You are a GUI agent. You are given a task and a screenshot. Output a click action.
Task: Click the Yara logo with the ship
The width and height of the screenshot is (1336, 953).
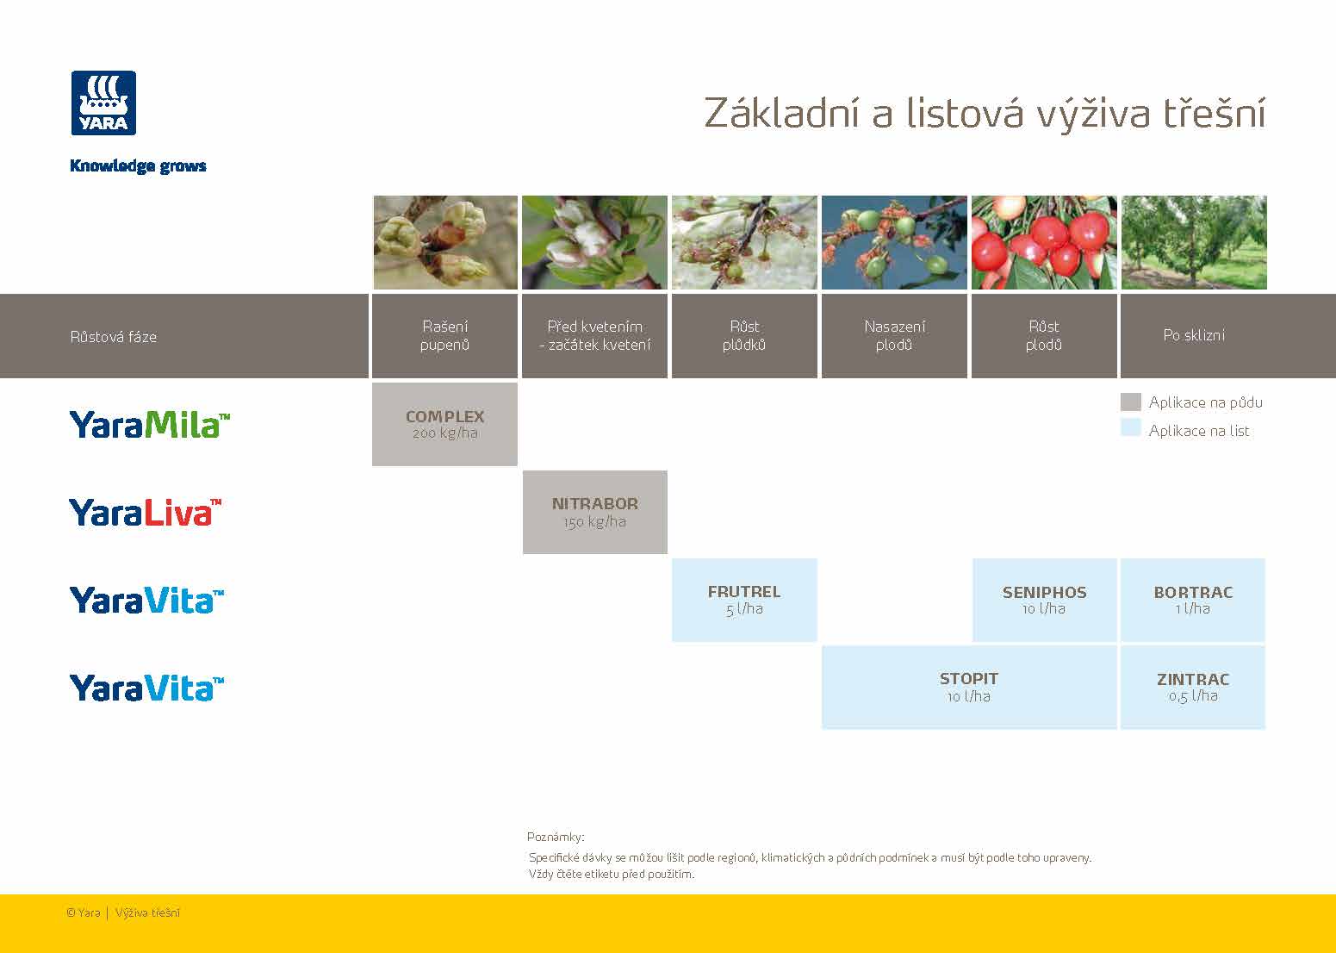coord(103,103)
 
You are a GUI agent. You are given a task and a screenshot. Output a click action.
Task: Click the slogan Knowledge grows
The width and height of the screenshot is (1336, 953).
coord(138,166)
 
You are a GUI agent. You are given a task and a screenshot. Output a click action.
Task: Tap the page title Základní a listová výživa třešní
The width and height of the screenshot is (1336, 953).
coord(985,113)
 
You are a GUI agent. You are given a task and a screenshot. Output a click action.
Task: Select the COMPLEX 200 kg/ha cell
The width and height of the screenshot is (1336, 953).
coord(444,424)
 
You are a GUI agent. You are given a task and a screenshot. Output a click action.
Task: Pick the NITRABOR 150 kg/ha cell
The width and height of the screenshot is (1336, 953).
coord(594,512)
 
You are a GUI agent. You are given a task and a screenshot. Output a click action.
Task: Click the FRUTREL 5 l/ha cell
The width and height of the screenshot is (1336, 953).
coord(744,600)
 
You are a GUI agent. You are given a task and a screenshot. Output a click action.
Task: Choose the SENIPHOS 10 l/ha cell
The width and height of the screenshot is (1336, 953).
coord(1044,600)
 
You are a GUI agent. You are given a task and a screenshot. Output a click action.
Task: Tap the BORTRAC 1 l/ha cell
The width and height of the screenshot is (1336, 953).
coord(1193,600)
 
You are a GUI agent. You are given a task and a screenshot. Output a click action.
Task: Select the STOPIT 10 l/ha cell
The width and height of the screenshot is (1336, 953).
coord(968,687)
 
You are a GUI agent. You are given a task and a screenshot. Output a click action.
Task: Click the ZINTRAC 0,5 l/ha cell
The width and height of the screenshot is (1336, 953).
coord(1193,687)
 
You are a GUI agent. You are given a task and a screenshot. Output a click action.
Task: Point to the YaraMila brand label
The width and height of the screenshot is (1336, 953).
coord(150,424)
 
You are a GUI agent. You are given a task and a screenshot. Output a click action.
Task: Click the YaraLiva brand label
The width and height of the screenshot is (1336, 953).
coord(145,512)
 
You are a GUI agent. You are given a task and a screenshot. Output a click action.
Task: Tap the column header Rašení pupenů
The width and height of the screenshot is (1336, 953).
coord(444,336)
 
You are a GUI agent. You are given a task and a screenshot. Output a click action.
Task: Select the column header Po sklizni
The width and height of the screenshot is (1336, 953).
coord(1193,335)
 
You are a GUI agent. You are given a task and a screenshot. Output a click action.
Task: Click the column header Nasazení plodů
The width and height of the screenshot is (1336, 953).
coord(894,336)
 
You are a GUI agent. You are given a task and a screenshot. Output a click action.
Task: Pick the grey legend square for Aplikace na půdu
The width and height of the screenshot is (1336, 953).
coord(1130,402)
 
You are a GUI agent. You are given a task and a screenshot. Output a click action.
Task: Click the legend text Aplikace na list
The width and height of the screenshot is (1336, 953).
coord(1198,431)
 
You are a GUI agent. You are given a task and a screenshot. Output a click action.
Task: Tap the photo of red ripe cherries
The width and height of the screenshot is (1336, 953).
coord(1044,242)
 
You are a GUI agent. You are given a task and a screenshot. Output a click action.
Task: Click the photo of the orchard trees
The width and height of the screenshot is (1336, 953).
coord(1193,242)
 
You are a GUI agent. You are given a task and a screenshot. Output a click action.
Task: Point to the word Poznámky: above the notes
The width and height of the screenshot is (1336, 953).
coord(556,837)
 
